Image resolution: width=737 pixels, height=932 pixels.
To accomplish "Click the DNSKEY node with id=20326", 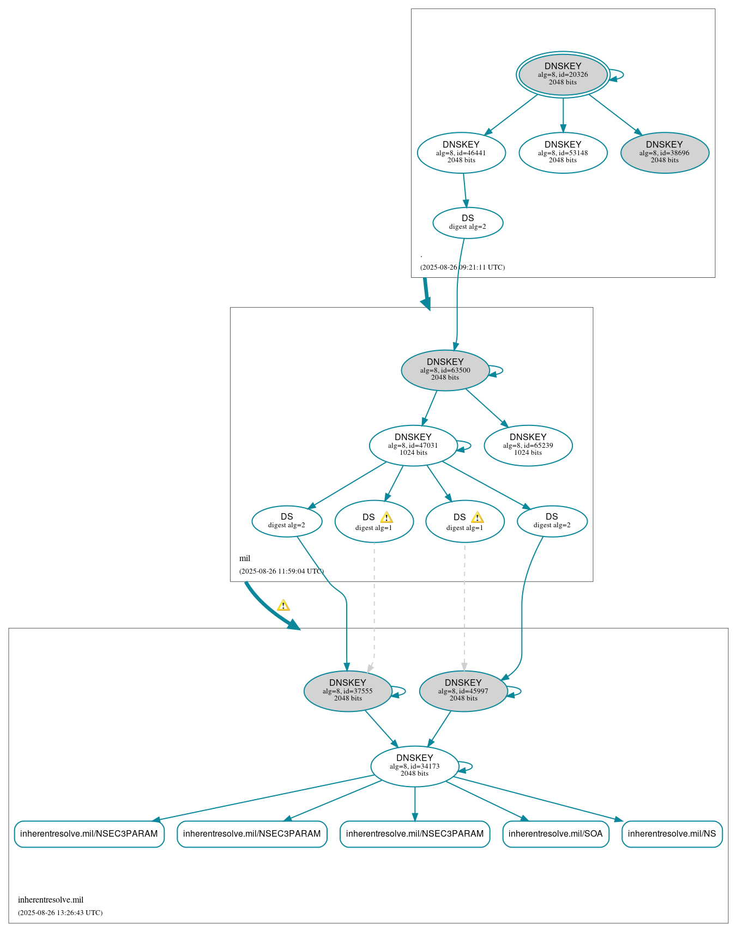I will pyautogui.click(x=563, y=75).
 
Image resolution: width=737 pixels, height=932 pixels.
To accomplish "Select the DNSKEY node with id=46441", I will pyautogui.click(x=461, y=153).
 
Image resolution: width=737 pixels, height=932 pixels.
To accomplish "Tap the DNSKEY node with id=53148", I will pyautogui.click(x=563, y=153).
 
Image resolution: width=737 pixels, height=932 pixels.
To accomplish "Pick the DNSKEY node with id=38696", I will pyautogui.click(x=664, y=153).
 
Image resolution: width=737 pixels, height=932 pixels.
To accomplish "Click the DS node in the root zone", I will pyautogui.click(x=468, y=222).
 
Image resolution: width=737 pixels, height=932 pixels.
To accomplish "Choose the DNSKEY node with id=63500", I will pyautogui.click(x=445, y=370).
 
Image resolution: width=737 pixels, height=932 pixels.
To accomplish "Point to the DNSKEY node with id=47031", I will pyautogui.click(x=413, y=445).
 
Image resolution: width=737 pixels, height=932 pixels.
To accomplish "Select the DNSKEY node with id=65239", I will pyautogui.click(x=528, y=445).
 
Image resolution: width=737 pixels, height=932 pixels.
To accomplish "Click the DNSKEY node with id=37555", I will pyautogui.click(x=348, y=691).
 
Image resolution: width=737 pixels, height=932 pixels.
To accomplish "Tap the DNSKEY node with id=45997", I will pyautogui.click(x=463, y=691).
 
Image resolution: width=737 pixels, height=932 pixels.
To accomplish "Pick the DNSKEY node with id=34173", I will pyautogui.click(x=414, y=766).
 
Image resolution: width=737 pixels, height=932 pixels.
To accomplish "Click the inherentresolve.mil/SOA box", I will pyautogui.click(x=555, y=833).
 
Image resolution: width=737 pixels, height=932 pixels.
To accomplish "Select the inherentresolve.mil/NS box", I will pyautogui.click(x=672, y=833).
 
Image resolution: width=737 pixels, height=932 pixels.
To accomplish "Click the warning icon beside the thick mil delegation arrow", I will pyautogui.click(x=283, y=605).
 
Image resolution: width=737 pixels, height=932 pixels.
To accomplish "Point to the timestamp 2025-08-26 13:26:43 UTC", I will pyautogui.click(x=60, y=912).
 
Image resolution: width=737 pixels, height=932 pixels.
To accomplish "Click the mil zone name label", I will pyautogui.click(x=245, y=558).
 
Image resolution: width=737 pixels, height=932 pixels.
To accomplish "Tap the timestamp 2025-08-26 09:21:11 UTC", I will pyautogui.click(x=462, y=267).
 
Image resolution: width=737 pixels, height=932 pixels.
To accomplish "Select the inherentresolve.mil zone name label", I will pyautogui.click(x=51, y=900).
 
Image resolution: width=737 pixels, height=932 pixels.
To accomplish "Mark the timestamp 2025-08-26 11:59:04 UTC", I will pyautogui.click(x=281, y=571).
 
